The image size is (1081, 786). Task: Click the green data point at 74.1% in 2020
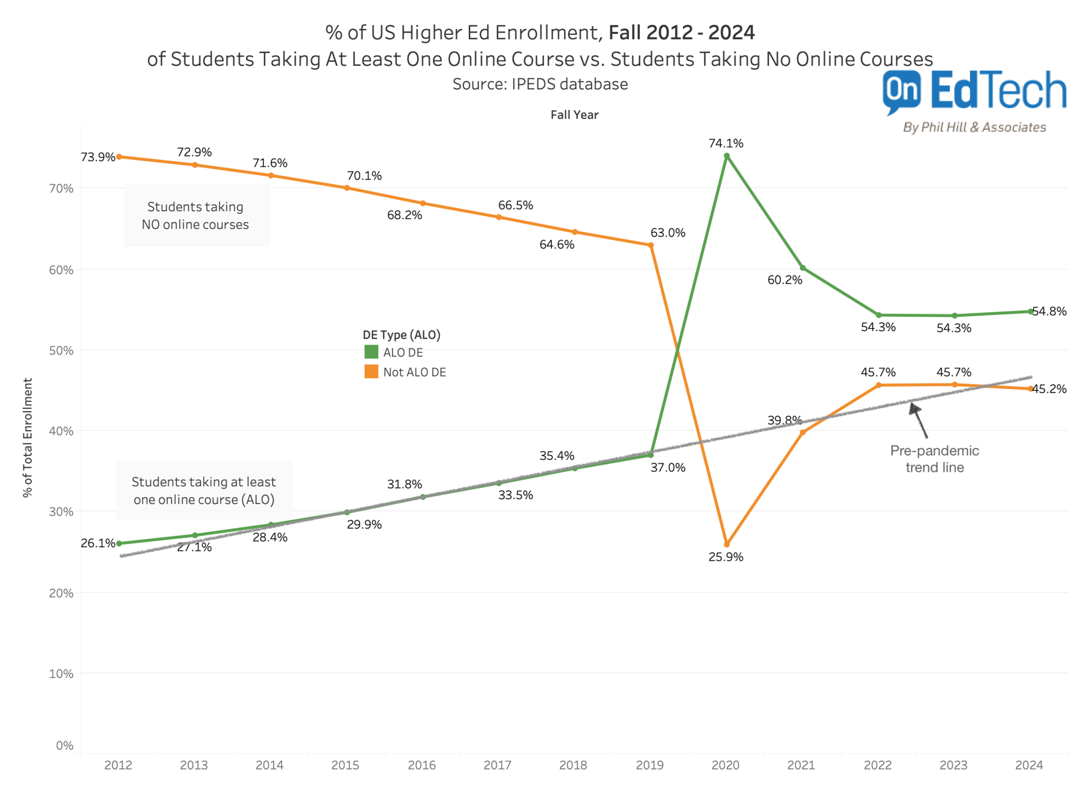[x=726, y=156]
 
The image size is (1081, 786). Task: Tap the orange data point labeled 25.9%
[x=726, y=544]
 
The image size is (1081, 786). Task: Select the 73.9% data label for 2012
[x=97, y=157]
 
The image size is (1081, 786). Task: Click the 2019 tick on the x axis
[x=649, y=765]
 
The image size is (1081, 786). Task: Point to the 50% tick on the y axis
[x=61, y=350]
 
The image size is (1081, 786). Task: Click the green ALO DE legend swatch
[x=371, y=352]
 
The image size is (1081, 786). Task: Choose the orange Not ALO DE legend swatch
[x=371, y=372]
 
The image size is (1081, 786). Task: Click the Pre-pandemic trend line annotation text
[x=934, y=459]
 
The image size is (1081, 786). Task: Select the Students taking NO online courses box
[x=196, y=215]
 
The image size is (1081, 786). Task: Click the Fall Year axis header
[x=574, y=115]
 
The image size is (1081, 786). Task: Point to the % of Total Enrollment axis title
[x=28, y=437]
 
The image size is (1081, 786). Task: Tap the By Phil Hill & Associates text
[x=974, y=127]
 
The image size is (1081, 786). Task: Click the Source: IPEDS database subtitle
[x=540, y=84]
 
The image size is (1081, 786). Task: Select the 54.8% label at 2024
[x=1049, y=311]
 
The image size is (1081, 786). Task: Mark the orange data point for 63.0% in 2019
[x=650, y=245]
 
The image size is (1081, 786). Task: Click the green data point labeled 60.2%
[x=802, y=268]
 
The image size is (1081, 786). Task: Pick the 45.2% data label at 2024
[x=1049, y=389]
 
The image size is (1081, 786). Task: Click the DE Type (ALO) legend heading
[x=401, y=334]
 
